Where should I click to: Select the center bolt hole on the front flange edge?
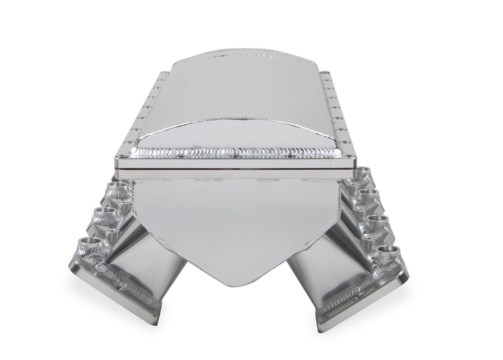coord(235,157)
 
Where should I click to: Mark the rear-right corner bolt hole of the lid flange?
coord(323,72)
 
